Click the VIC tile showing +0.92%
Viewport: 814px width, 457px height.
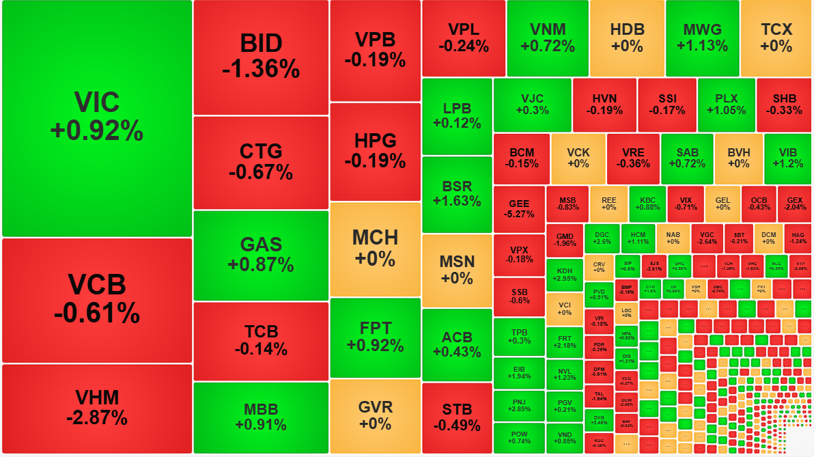pos(96,117)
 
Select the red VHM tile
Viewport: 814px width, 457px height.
pos(96,408)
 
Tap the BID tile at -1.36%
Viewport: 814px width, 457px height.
pos(261,57)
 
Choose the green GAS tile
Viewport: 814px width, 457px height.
pos(261,255)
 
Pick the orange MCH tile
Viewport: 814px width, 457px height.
pos(375,249)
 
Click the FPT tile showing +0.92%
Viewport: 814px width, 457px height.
pos(375,337)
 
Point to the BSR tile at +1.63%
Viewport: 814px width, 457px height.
pos(457,194)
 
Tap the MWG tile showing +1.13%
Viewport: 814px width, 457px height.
pos(702,38)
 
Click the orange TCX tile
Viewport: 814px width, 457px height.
pos(776,38)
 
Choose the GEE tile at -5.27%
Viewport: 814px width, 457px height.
pos(519,208)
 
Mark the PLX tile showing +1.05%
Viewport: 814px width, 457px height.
pos(727,105)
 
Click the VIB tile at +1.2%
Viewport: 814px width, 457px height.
pos(787,158)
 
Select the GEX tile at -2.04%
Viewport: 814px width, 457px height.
pos(795,204)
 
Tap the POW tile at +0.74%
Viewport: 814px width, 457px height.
pos(519,438)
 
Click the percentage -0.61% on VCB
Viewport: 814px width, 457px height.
pos(96,313)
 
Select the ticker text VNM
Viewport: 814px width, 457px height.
pos(547,29)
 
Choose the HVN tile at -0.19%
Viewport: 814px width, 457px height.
pos(604,105)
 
